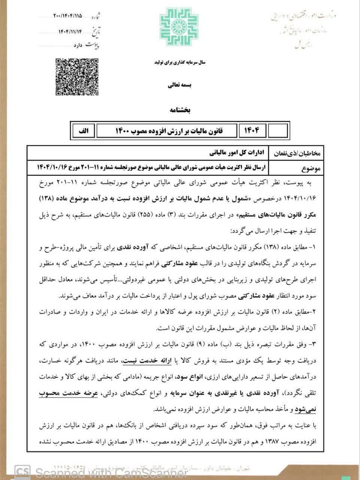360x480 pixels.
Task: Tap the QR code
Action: [x=77, y=77]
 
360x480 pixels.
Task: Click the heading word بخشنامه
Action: [x=180, y=110]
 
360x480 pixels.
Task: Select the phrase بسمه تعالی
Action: [x=180, y=85]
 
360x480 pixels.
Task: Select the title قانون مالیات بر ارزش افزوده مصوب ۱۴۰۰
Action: [x=168, y=130]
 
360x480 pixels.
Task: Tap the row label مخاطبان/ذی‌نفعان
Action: [x=303, y=153]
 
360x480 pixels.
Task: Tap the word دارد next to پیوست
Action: [x=76, y=45]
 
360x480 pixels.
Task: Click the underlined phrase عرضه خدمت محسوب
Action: [x=291, y=393]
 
